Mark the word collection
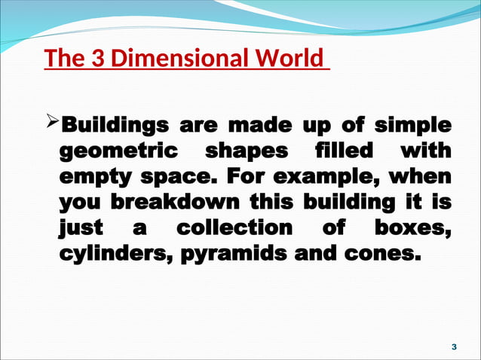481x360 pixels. [x=233, y=227]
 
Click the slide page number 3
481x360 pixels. [x=453, y=346]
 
